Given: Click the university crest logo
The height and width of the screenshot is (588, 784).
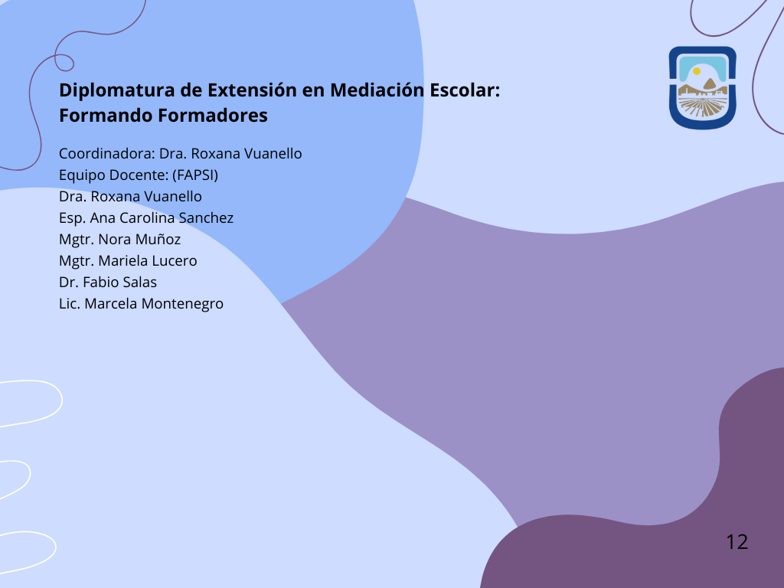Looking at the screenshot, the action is tap(703, 88).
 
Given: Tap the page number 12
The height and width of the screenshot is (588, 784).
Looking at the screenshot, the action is tap(737, 542).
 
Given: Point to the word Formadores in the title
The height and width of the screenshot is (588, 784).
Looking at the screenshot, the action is tap(213, 116).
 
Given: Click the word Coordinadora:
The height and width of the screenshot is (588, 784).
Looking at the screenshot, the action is tap(107, 153).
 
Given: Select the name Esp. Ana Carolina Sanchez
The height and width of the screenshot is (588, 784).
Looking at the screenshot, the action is tap(146, 218).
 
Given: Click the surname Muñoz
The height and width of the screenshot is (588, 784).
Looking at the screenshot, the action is tap(158, 239).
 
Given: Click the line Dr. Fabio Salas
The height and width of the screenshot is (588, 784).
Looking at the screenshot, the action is tap(108, 283).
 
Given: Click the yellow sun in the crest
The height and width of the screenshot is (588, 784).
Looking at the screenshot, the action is tap(697, 71).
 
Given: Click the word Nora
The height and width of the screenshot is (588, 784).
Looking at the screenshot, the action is tap(114, 240).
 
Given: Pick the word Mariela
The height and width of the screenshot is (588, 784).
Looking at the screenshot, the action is tap(123, 261).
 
